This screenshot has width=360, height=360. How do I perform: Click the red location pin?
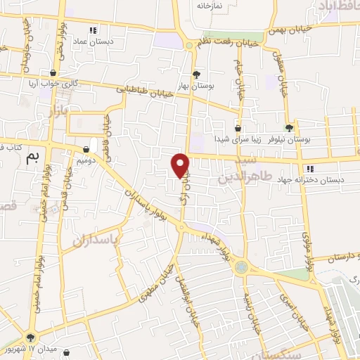(181, 165)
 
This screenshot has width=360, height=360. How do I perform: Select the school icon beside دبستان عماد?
(93, 30)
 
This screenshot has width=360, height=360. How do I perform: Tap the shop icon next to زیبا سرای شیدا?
(238, 129)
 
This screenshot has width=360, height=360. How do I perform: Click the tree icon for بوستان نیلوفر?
(289, 127)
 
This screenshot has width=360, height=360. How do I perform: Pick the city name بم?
(30, 159)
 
